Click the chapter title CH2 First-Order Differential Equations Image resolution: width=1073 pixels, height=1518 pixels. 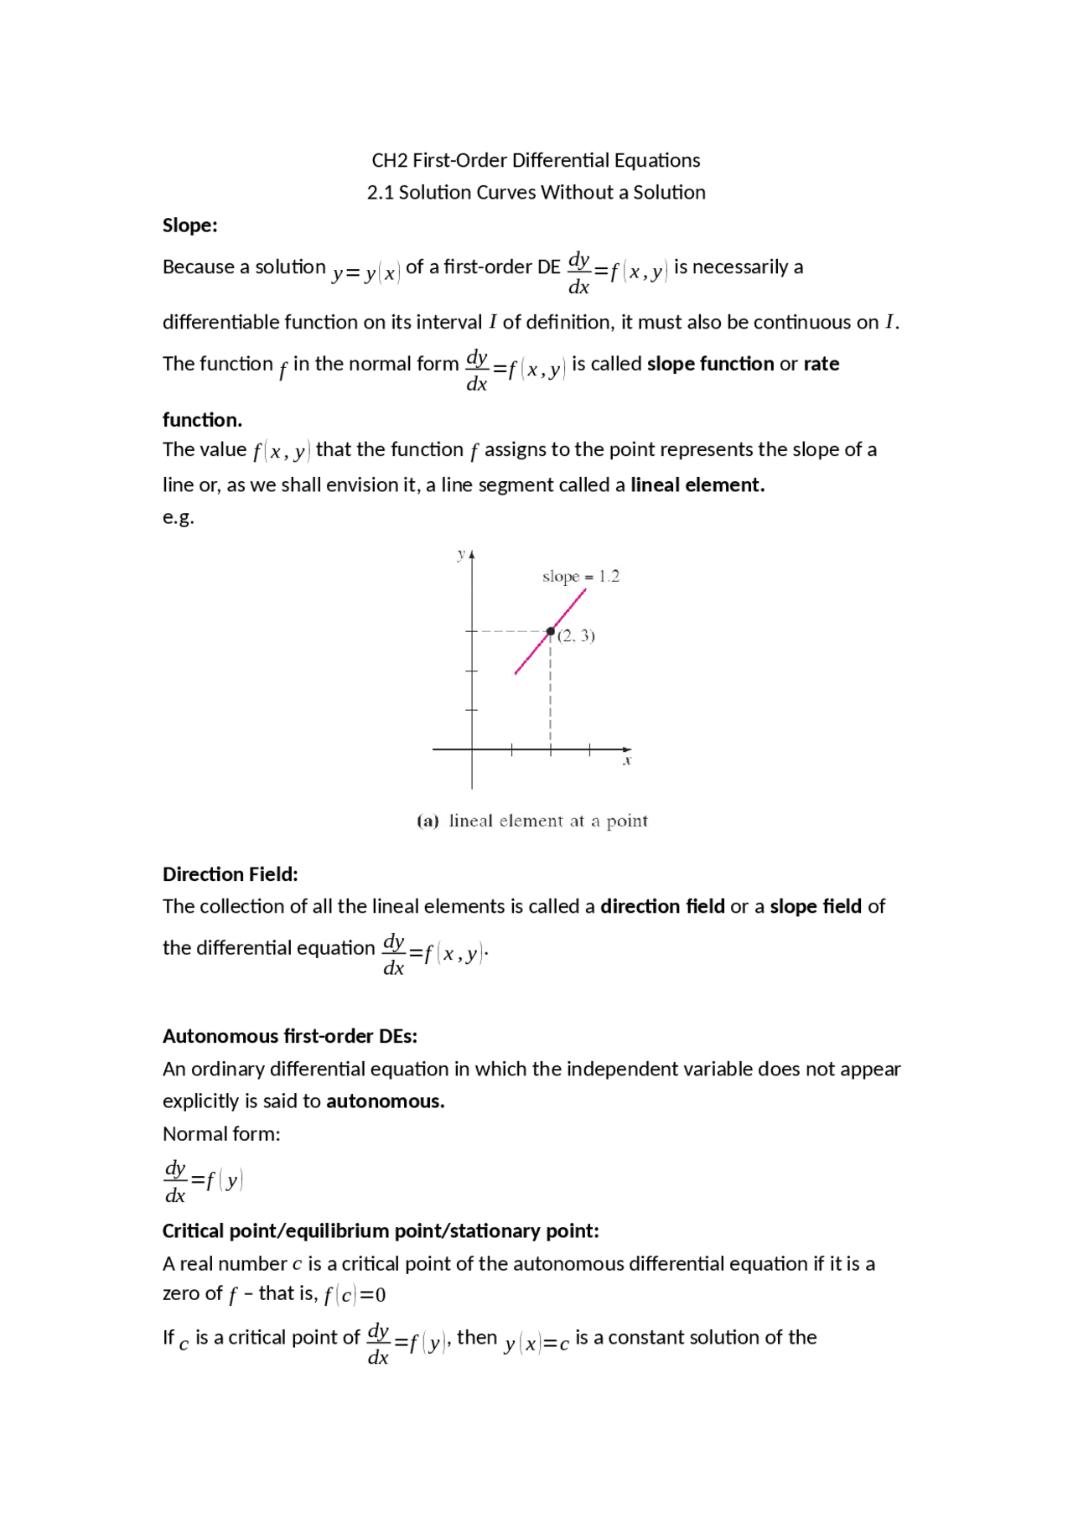pos(536,160)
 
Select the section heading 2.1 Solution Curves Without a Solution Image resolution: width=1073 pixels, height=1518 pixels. pos(536,193)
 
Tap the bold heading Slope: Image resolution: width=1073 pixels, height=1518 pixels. pos(189,225)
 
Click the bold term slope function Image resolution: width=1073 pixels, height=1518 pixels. pos(710,364)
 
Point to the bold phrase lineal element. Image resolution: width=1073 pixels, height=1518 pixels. pos(697,485)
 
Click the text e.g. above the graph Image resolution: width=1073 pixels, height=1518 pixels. pos(178,517)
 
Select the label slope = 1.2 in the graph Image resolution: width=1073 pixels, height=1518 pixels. pos(580,577)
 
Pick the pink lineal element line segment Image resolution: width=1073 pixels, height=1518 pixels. pos(536,647)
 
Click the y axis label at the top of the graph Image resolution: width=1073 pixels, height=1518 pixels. pos(461,554)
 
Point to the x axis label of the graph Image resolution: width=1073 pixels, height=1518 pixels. pos(626,760)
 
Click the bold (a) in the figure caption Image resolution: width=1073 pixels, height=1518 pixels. pos(428,821)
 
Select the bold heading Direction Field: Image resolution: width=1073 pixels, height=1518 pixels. pos(230,874)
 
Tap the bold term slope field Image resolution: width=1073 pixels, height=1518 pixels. pos(815,907)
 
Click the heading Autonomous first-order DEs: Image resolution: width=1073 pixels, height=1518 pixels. pos(289,1036)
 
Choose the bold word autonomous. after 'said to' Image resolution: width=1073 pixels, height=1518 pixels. pos(385,1101)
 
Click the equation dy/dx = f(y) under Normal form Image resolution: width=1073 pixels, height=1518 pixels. pos(203,1181)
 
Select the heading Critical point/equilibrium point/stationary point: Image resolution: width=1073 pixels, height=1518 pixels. pos(381,1230)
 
